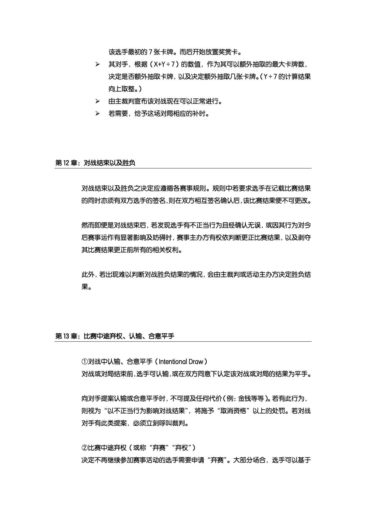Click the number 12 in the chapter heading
point(66,163)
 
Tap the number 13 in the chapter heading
point(66,336)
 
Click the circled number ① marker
point(85,361)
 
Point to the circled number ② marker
point(85,447)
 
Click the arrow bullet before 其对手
point(97,65)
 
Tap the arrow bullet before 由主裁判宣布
point(97,101)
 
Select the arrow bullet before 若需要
point(97,114)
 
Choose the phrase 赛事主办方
point(193,238)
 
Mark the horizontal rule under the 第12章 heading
point(183,168)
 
